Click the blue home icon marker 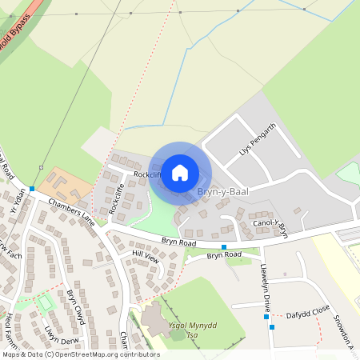coord(180,172)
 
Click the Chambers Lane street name coord(71,211)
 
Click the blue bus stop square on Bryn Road coord(224,246)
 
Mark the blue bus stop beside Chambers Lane coord(32,190)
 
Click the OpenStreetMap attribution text coord(80,354)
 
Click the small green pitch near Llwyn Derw coord(46,302)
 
